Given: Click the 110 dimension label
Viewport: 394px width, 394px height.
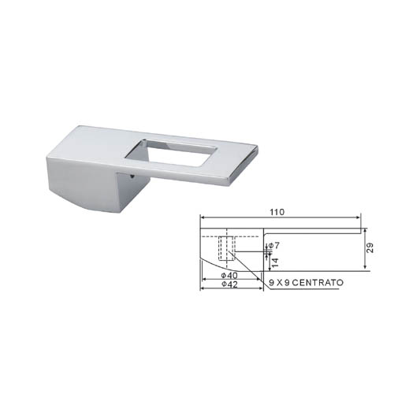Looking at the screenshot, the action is coord(277,212).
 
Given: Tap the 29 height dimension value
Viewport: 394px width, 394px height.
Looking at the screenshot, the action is coord(370,247).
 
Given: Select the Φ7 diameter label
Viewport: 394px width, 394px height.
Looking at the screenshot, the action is coord(273,246).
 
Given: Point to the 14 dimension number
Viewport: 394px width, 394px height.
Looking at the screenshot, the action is coord(275,262).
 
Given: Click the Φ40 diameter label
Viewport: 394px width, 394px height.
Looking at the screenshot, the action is coord(229,275).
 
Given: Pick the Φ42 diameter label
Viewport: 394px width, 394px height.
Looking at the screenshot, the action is coord(229,284).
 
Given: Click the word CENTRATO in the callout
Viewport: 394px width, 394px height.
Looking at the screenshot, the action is coord(318,283).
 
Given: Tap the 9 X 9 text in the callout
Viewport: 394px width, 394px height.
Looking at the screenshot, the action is coord(279,283).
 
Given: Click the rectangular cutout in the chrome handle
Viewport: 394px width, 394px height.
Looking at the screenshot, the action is coord(171,152).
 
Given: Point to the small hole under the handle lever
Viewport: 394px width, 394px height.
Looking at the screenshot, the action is coord(132,177).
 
